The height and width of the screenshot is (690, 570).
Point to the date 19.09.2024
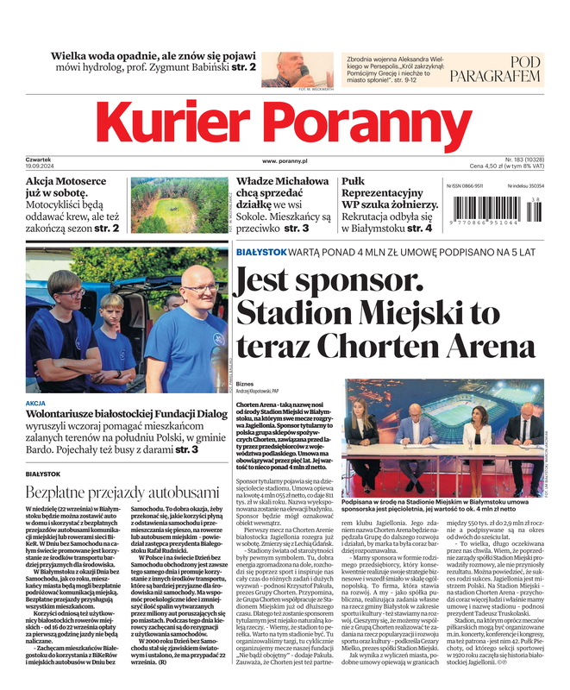pos(41,166)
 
